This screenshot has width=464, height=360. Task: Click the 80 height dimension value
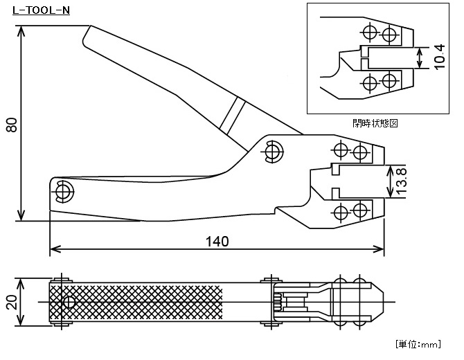tap(12, 125)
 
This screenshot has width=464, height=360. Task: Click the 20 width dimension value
tap(12, 303)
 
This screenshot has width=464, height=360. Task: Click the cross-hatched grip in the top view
tap(139, 303)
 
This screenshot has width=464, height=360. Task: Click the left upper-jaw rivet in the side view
tap(340, 150)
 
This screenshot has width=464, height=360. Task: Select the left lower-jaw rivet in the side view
tap(340, 211)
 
